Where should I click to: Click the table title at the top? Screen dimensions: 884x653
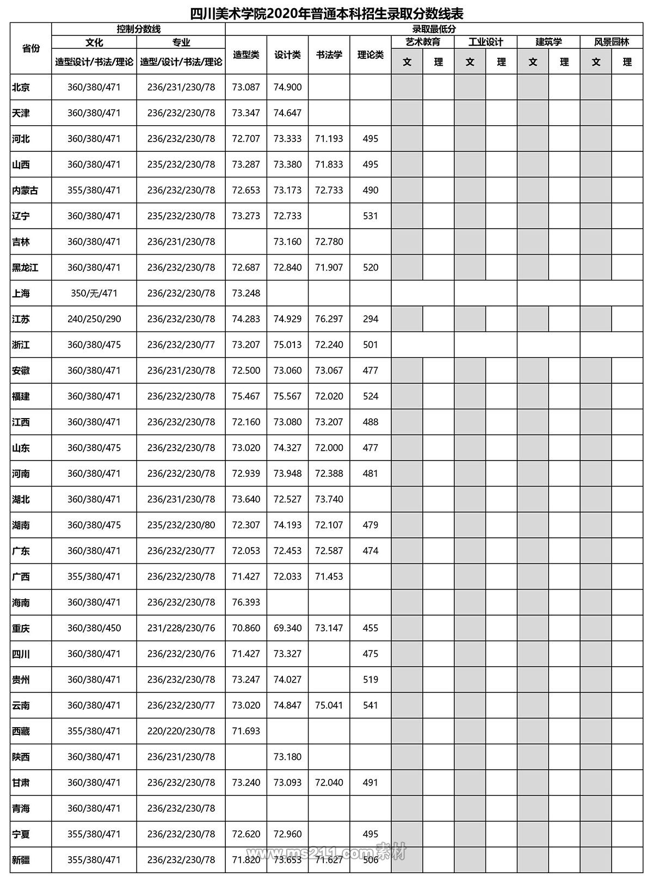(326, 12)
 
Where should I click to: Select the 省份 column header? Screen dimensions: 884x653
(31, 48)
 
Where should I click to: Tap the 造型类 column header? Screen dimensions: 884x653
(246, 54)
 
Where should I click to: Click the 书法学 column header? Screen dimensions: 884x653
(329, 54)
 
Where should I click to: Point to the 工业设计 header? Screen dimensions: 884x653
(485, 42)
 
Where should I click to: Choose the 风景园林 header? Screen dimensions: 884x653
(611, 42)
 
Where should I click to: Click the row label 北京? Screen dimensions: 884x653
(21, 87)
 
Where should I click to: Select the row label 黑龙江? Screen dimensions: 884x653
(25, 268)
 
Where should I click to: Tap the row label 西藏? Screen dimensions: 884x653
(21, 732)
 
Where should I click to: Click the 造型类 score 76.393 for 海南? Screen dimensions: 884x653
(246, 603)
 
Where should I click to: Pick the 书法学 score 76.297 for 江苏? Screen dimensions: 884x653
(329, 319)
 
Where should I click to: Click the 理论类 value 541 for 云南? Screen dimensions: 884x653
(370, 705)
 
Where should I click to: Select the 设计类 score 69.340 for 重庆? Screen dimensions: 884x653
(287, 628)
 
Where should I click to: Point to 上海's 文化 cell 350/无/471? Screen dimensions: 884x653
(94, 293)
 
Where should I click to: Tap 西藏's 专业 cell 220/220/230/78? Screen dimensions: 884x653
(181, 732)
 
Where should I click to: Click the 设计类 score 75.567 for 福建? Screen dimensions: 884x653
(287, 396)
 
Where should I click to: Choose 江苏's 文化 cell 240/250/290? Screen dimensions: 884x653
(94, 319)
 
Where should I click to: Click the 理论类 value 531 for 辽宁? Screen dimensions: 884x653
(370, 216)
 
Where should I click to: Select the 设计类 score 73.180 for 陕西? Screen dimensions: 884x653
(287, 757)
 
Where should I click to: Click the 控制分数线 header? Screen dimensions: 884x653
(138, 29)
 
